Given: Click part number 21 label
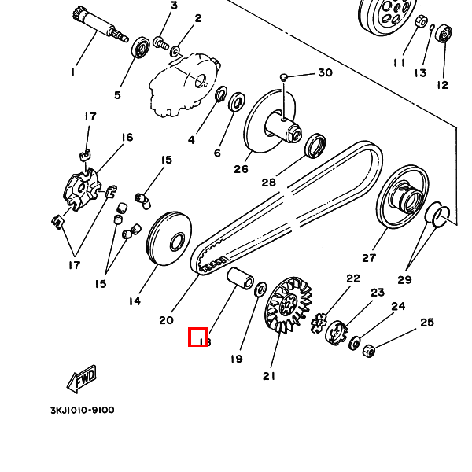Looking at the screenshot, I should pyautogui.click(x=270, y=375).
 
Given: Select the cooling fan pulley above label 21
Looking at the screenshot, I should pyautogui.click(x=289, y=305).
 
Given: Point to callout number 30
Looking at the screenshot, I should pyautogui.click(x=325, y=73).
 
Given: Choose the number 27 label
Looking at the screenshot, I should pyautogui.click(x=369, y=257).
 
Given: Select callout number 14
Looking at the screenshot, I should pyautogui.click(x=135, y=301).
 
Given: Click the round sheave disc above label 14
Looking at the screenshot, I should pyautogui.click(x=168, y=240).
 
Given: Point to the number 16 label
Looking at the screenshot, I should pyautogui.click(x=127, y=138).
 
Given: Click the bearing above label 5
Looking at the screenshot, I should pyautogui.click(x=142, y=48).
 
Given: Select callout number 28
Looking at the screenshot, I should pyautogui.click(x=269, y=183).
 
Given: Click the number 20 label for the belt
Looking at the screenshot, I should pyautogui.click(x=166, y=319).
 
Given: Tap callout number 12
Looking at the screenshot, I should pyautogui.click(x=442, y=85).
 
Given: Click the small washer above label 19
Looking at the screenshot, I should pyautogui.click(x=260, y=290).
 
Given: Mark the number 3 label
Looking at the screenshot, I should pyautogui.click(x=174, y=6).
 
